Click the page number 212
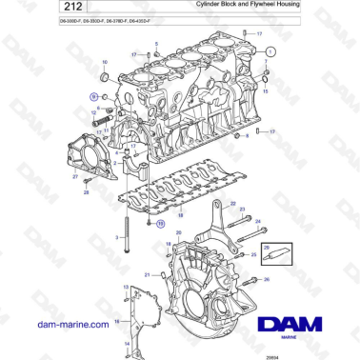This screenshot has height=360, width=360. click(x=21, y=8)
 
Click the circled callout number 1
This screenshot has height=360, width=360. click(x=270, y=51)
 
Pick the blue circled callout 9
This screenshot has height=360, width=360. click(x=93, y=96)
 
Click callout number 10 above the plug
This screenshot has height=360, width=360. click(x=104, y=62)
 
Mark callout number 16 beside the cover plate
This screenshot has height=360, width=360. click(x=116, y=322)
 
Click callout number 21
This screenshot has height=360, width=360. click(x=148, y=274)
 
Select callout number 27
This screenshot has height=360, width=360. click(x=75, y=177)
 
